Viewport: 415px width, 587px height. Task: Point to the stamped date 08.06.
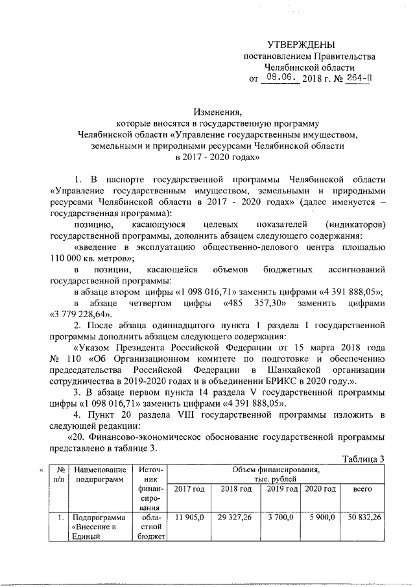[281, 78]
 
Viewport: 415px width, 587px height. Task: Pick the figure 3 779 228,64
[83, 313]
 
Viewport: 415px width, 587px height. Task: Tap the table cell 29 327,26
[235, 516]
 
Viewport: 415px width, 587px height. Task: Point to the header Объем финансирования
[278, 468]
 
